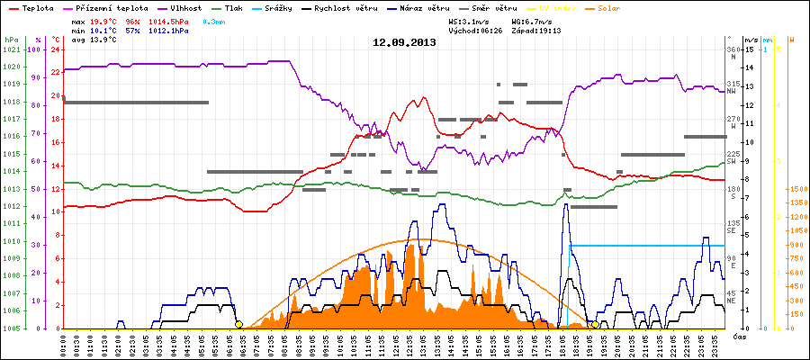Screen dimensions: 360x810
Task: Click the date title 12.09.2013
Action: [404, 42]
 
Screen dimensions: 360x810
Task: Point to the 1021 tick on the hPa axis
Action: [11, 49]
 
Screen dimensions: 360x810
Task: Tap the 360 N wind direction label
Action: [733, 53]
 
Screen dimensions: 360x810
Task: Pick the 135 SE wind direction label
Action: [733, 227]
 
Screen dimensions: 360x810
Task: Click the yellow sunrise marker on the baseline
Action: [238, 324]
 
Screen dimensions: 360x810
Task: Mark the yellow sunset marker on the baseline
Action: [596, 324]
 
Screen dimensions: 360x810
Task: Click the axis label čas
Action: [739, 337]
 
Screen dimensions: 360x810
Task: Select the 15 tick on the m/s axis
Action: [750, 49]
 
